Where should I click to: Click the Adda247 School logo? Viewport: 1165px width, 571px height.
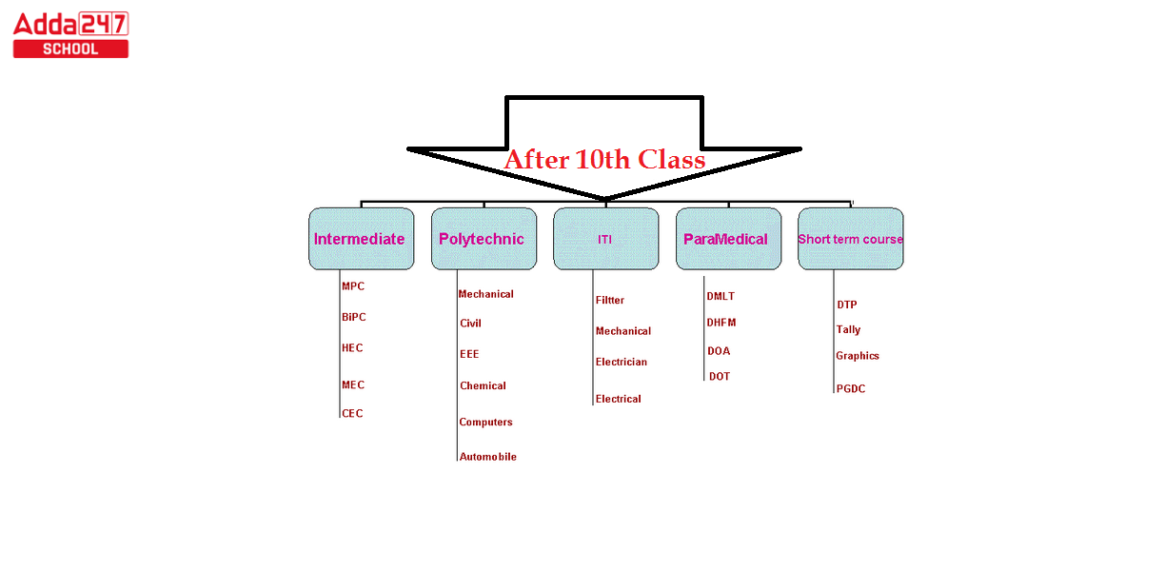pyautogui.click(x=70, y=34)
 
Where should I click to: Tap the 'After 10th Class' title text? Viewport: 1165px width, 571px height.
pyautogui.click(x=604, y=159)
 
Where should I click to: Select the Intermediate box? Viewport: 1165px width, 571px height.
pyautogui.click(x=362, y=239)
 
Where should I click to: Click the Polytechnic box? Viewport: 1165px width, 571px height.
pyautogui.click(x=484, y=239)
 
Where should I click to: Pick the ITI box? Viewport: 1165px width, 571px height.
pyautogui.click(x=606, y=239)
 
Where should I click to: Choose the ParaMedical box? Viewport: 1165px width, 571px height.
pyautogui.click(x=728, y=239)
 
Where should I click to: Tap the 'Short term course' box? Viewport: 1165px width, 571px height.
pyautogui.click(x=851, y=239)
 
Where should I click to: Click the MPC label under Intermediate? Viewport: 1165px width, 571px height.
pyautogui.click(x=353, y=286)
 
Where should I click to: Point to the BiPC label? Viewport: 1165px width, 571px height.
pyautogui.click(x=354, y=317)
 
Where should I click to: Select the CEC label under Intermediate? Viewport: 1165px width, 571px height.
pyautogui.click(x=352, y=413)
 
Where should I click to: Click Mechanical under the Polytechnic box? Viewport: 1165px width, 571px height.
pyautogui.click(x=485, y=294)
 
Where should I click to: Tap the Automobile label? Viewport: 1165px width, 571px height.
pyautogui.click(x=488, y=457)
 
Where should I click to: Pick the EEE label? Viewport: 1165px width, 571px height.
pyautogui.click(x=469, y=354)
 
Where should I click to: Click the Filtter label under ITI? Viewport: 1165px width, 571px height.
pyautogui.click(x=609, y=300)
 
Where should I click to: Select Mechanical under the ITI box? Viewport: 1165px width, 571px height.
pyautogui.click(x=623, y=331)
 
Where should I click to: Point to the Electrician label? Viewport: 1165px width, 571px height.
pyautogui.click(x=621, y=362)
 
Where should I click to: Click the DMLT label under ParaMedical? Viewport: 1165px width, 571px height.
pyautogui.click(x=721, y=296)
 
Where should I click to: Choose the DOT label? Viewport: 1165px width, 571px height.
pyautogui.click(x=720, y=376)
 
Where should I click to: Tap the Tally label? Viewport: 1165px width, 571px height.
pyautogui.click(x=848, y=329)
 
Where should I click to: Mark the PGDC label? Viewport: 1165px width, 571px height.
pyautogui.click(x=851, y=388)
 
